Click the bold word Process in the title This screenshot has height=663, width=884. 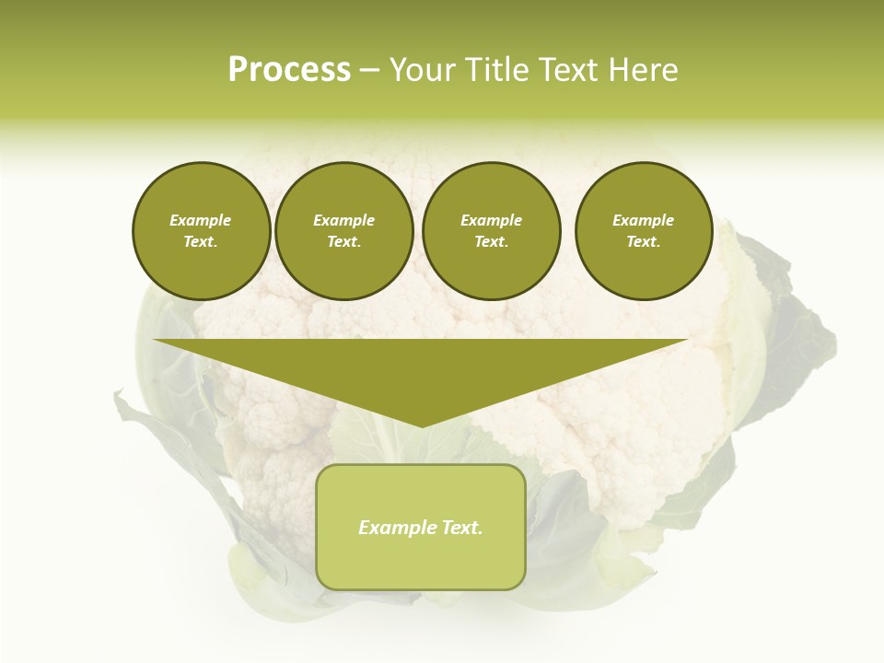(289, 70)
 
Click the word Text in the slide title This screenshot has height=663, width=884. (570, 70)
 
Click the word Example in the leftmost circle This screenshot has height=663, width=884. (201, 220)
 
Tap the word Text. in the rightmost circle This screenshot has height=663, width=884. (644, 241)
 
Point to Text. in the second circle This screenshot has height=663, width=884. (343, 241)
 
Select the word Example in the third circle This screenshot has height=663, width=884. (491, 220)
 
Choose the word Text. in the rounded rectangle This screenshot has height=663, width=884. (459, 528)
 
